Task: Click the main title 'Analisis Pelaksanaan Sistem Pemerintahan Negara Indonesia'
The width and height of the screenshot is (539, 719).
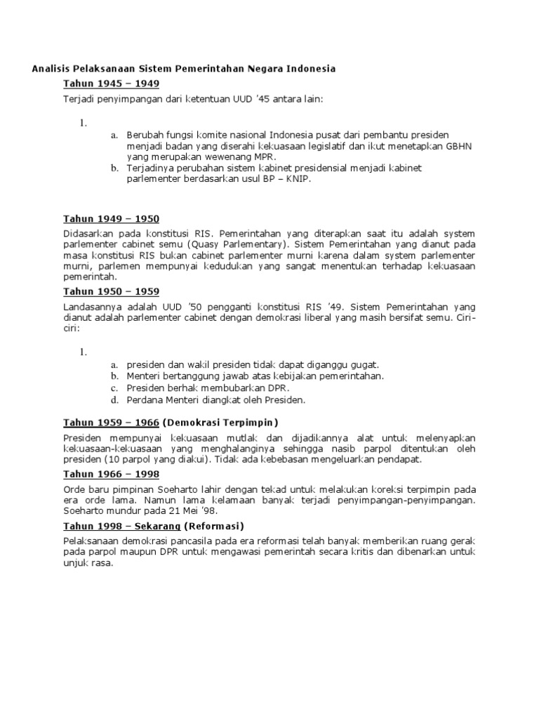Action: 184,69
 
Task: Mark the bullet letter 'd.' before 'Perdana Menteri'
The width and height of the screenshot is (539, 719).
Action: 114,400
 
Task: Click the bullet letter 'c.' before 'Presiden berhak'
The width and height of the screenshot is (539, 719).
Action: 114,388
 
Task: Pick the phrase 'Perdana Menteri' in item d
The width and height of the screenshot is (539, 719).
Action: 161,400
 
